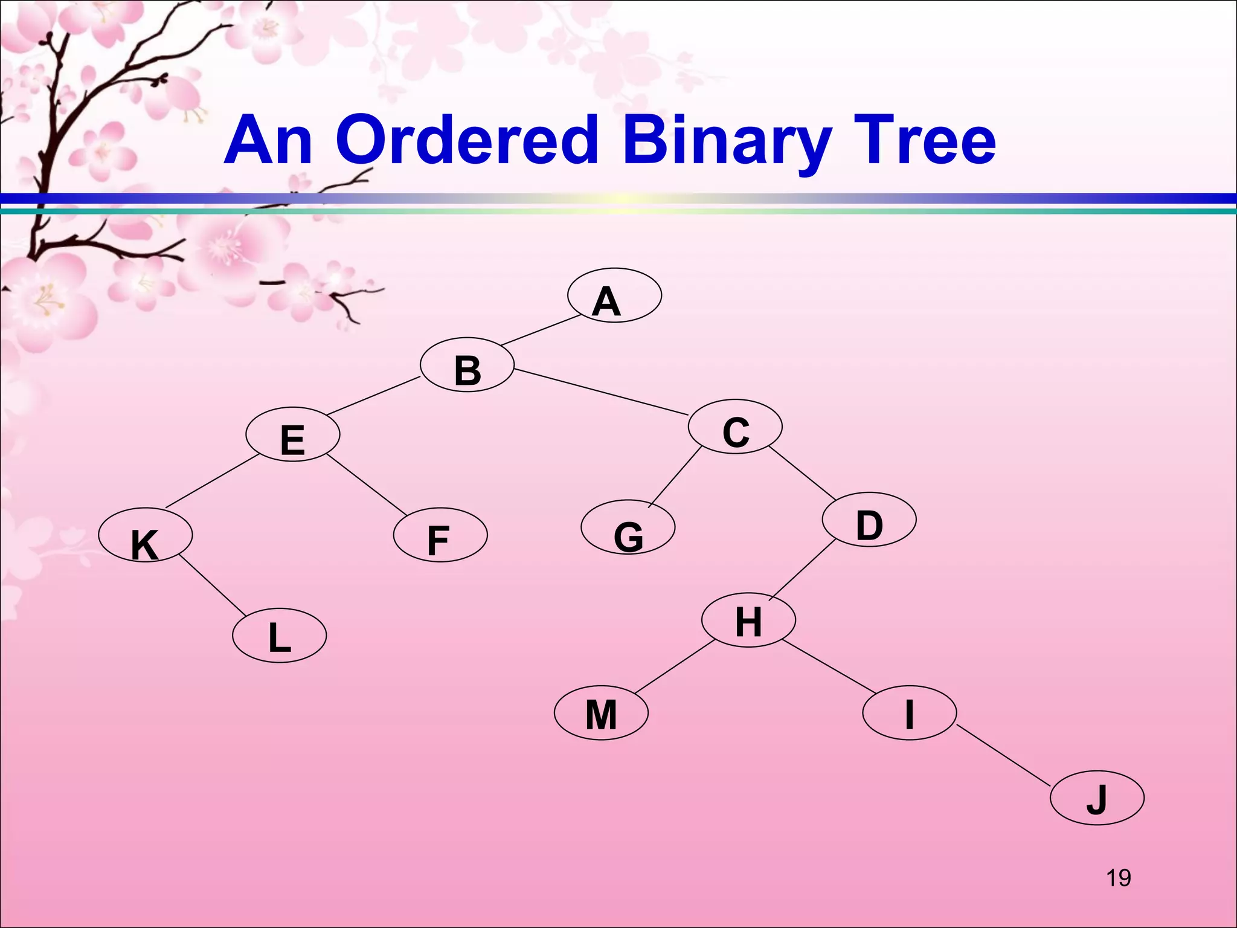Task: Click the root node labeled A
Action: pos(614,295)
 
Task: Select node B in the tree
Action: pos(467,365)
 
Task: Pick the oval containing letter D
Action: pos(869,520)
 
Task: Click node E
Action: pos(293,434)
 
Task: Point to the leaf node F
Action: pos(440,535)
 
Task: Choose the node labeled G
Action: pos(628,527)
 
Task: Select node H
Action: pos(748,620)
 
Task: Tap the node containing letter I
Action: pos(909,712)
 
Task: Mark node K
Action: pos(146,535)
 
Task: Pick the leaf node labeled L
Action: pos(279,636)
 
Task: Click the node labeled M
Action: pos(601,713)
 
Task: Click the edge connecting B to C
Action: pos(601,392)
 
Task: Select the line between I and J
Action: pos(1004,756)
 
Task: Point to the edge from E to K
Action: pos(212,481)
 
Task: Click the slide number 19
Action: pos(1118,878)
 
